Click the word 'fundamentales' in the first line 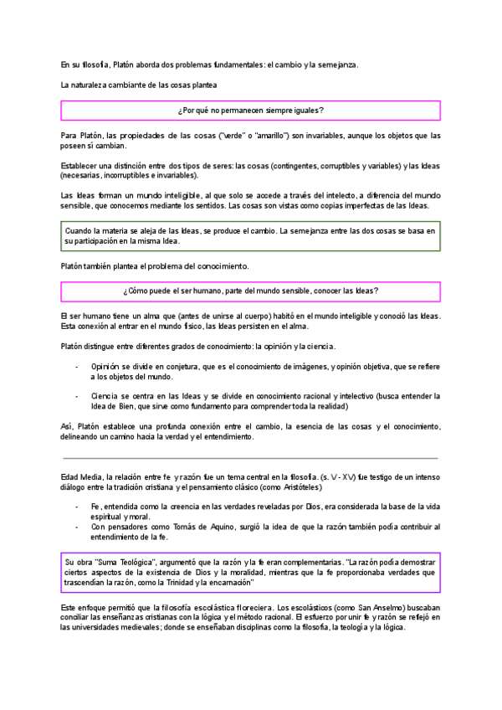[228, 64]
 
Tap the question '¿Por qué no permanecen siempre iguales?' [251, 111]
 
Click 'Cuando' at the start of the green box [80, 229]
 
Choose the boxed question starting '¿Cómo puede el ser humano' [251, 291]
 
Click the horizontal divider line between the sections [251, 458]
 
